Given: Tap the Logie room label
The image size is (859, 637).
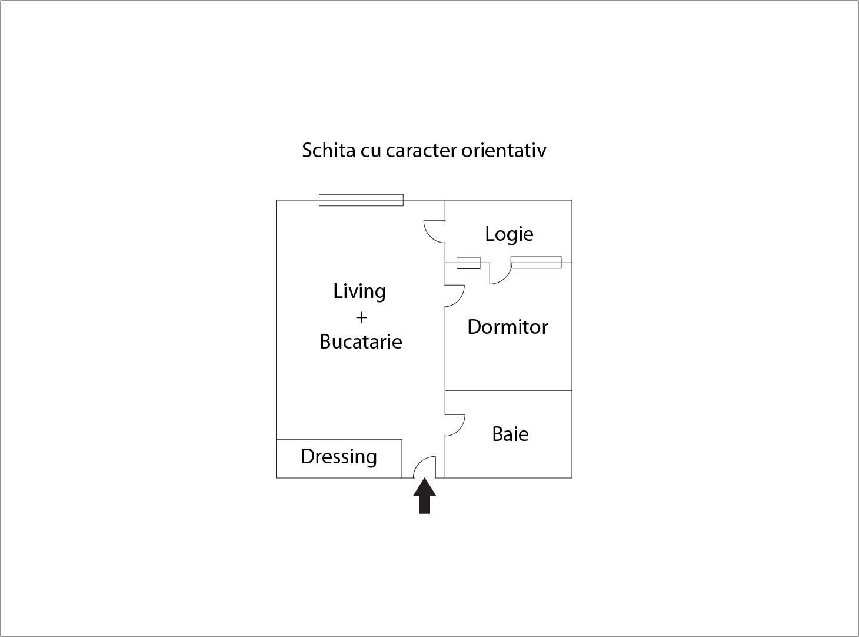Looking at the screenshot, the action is coord(509,234).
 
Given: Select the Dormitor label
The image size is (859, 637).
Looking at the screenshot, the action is coord(507,327).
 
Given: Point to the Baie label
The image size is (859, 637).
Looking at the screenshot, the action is coord(510,434).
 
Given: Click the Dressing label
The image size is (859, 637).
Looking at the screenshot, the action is coord(339,457).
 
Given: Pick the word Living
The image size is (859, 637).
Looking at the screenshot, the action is coord(359,292).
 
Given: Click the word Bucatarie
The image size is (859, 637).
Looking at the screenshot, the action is coord(361,341).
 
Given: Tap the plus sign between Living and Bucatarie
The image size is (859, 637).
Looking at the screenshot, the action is coord(361,317).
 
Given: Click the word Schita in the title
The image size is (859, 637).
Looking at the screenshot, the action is coord(328,150).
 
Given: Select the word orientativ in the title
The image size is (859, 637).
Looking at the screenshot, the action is coord(504,150).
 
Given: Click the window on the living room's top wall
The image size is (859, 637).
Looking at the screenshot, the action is coord(361,200).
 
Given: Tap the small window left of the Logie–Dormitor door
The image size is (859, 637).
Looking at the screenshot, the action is coord(468,263).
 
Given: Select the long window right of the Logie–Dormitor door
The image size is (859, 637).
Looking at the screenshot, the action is coord(537,263).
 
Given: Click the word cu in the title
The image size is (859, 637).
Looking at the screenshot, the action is coord(371,152).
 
